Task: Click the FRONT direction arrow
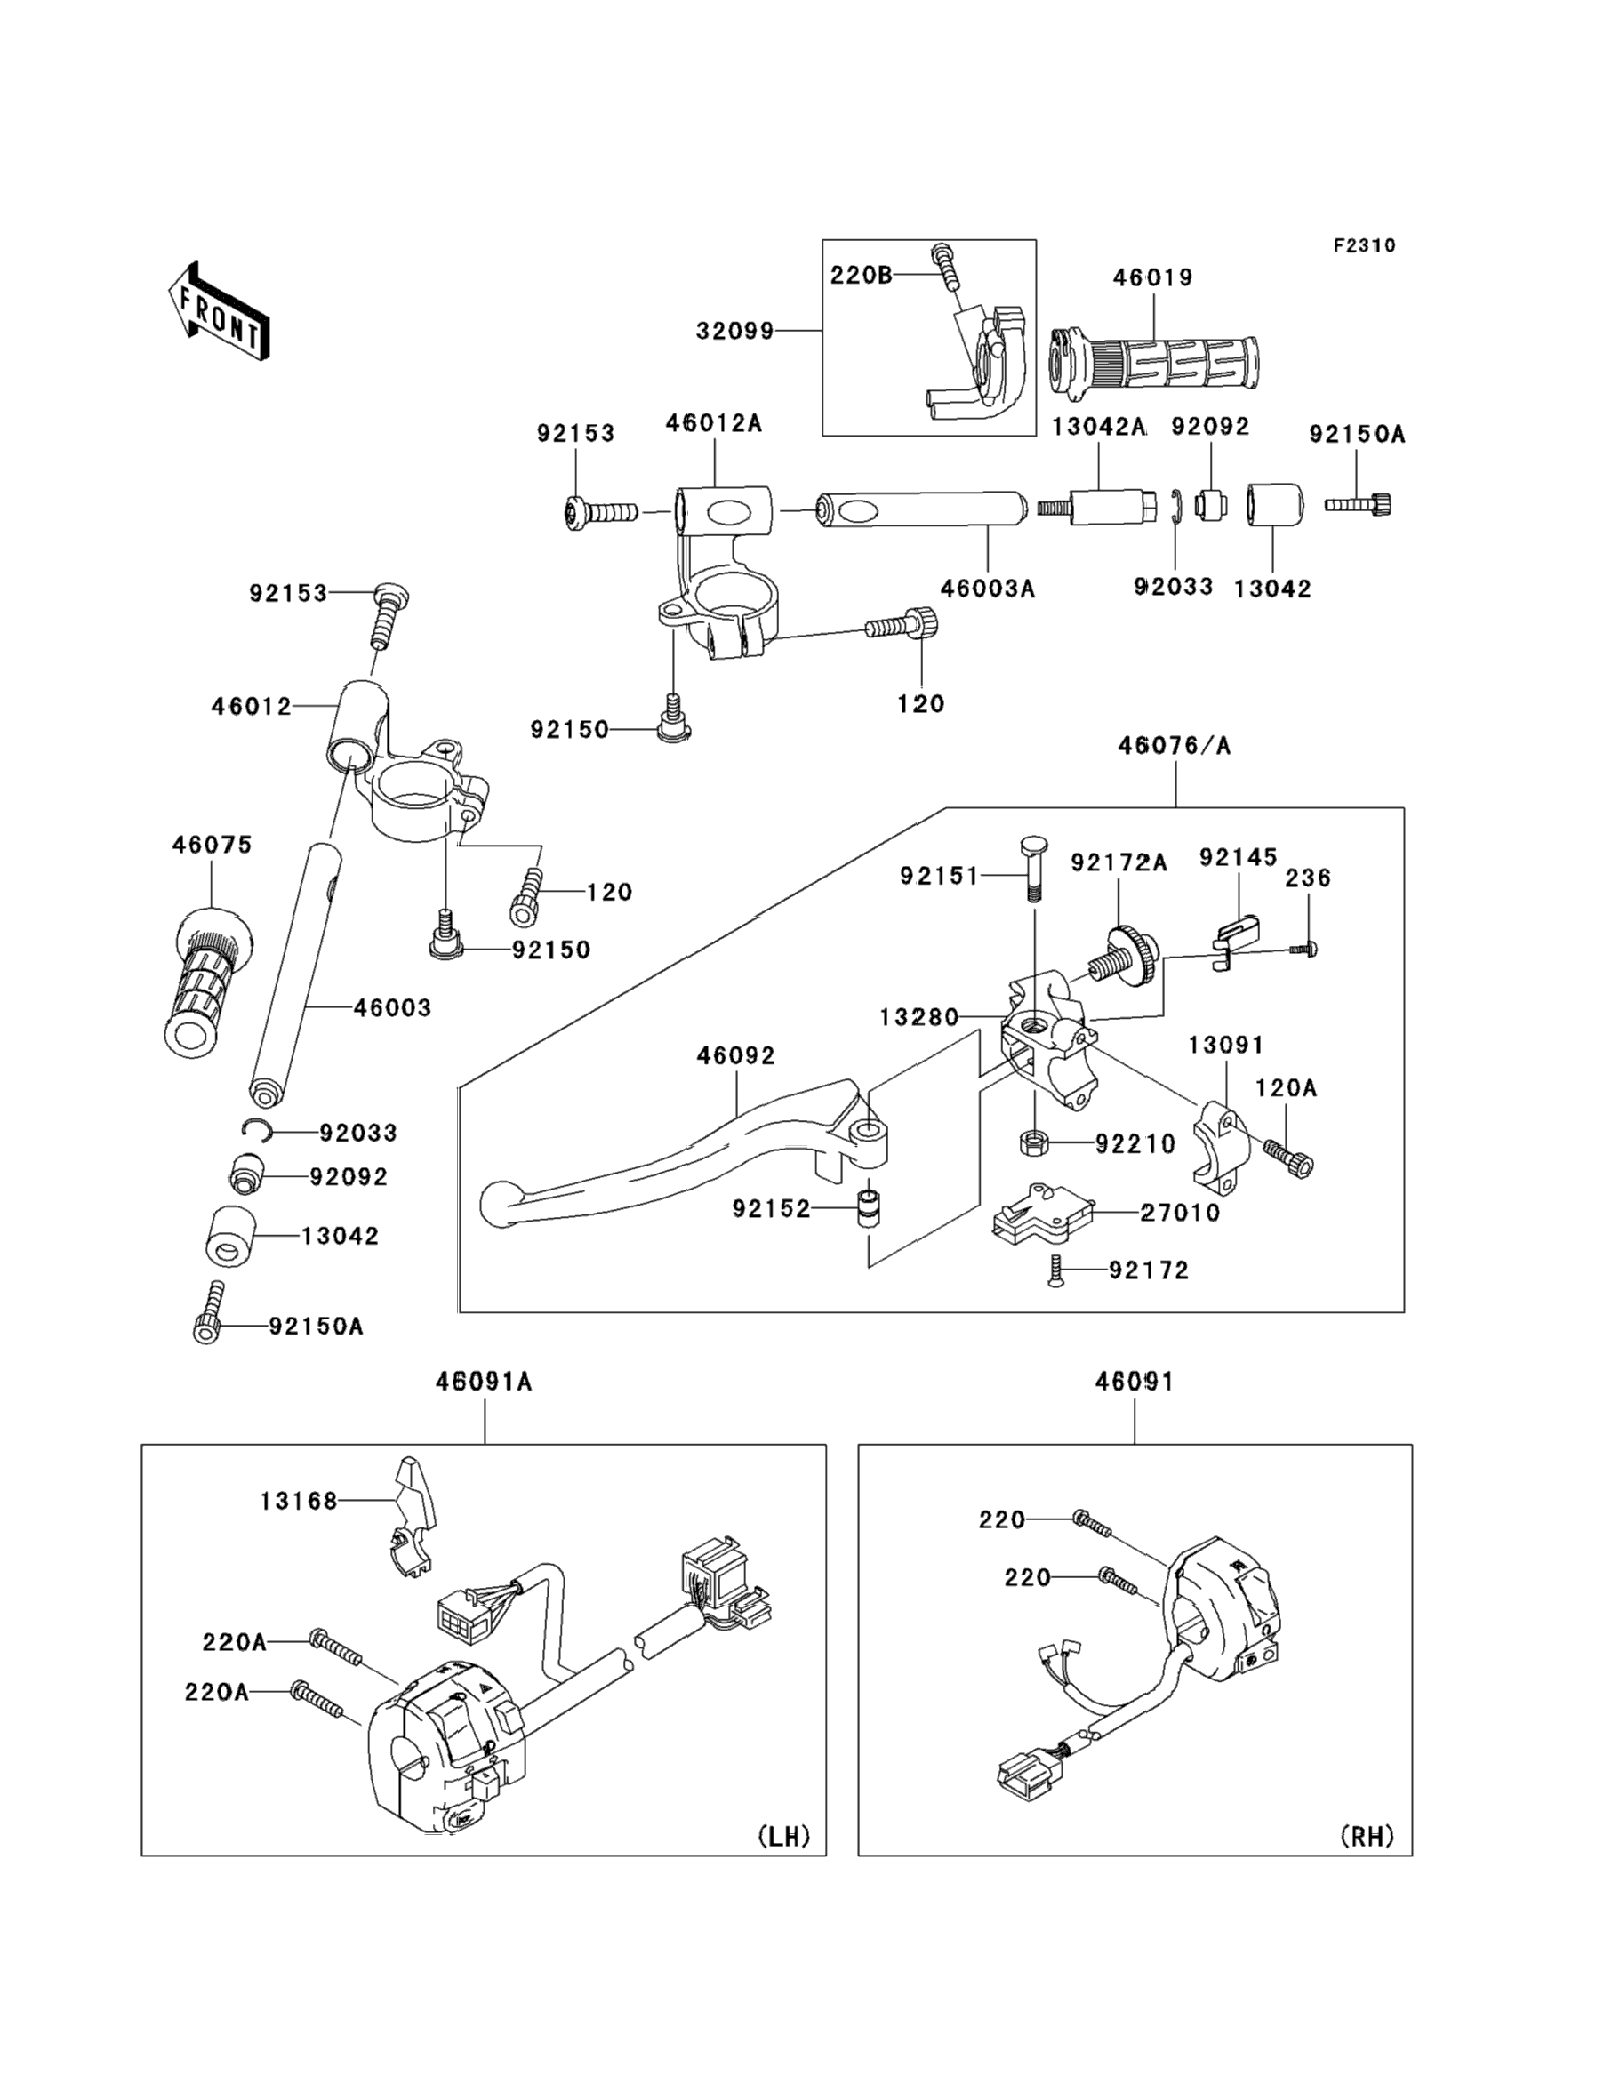(218, 312)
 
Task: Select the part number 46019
(1152, 277)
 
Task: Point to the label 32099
(734, 332)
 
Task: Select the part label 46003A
(987, 589)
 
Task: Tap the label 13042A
(1098, 427)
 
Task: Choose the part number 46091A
(484, 1382)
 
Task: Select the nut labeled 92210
(1034, 1142)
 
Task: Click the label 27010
(1180, 1213)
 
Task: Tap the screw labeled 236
(1311, 949)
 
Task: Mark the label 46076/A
(1175, 746)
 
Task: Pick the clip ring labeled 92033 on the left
(257, 1130)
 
